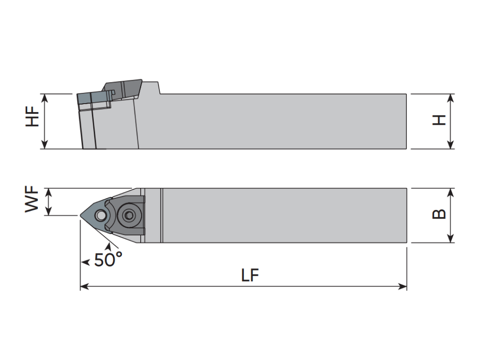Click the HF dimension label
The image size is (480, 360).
(x=32, y=116)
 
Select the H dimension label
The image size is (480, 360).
(x=439, y=120)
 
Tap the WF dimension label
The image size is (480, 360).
(x=32, y=199)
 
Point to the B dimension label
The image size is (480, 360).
(x=439, y=214)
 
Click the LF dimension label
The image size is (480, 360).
(x=250, y=275)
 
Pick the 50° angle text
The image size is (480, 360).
(x=108, y=260)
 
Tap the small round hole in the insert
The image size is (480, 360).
(x=100, y=216)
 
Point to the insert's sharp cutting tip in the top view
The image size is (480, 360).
(x=81, y=216)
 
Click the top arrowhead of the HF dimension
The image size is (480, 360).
(x=45, y=98)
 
